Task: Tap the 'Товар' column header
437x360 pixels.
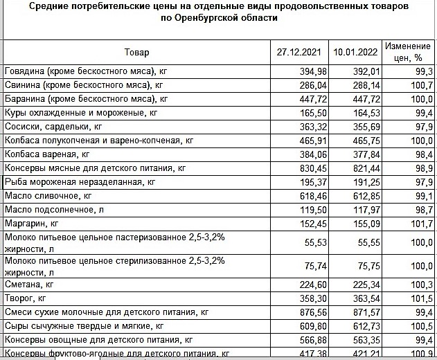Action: (136, 53)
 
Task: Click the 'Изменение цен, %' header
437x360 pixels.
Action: (408, 52)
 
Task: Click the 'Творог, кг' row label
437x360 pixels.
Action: (26, 298)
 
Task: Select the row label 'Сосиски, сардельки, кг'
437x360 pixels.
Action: (53, 126)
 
